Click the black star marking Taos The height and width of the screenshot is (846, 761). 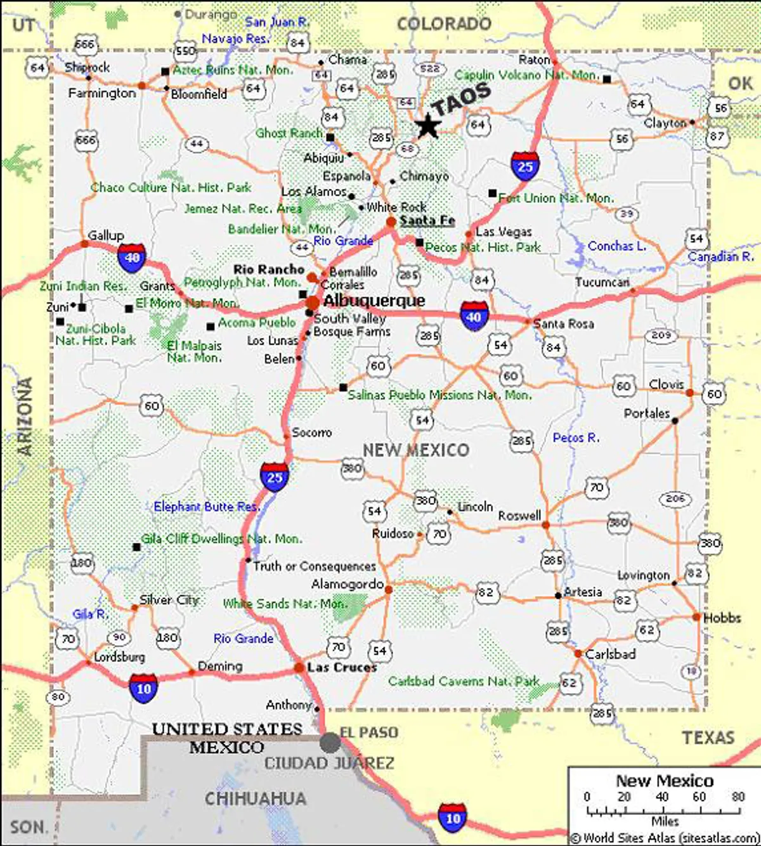pyautogui.click(x=428, y=126)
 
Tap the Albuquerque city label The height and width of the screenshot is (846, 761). pyautogui.click(x=374, y=301)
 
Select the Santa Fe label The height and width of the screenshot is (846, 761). pyautogui.click(x=427, y=221)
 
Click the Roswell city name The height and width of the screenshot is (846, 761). pyautogui.click(x=519, y=516)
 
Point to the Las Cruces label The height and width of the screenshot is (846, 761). pyautogui.click(x=342, y=667)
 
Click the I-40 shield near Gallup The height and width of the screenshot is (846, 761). pyautogui.click(x=132, y=257)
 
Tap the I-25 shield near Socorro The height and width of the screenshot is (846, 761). pyautogui.click(x=275, y=477)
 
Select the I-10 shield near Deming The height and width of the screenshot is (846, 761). pyautogui.click(x=144, y=688)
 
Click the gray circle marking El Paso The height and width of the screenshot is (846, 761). pyautogui.click(x=330, y=742)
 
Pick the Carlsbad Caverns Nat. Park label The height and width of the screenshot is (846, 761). pyautogui.click(x=464, y=681)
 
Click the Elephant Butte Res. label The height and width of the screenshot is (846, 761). pyautogui.click(x=207, y=507)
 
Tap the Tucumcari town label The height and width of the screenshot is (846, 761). pyautogui.click(x=602, y=282)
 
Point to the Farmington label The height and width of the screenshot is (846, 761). pyautogui.click(x=102, y=93)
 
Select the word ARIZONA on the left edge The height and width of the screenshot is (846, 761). pyautogui.click(x=25, y=416)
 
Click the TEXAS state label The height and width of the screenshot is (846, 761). pyautogui.click(x=708, y=738)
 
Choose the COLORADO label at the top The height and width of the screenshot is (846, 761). pyautogui.click(x=444, y=24)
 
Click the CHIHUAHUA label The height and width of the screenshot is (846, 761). pyautogui.click(x=256, y=798)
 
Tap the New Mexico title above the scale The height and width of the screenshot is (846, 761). pyautogui.click(x=665, y=781)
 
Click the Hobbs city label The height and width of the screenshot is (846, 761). pyautogui.click(x=722, y=618)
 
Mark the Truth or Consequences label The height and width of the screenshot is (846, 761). pyautogui.click(x=315, y=566)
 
